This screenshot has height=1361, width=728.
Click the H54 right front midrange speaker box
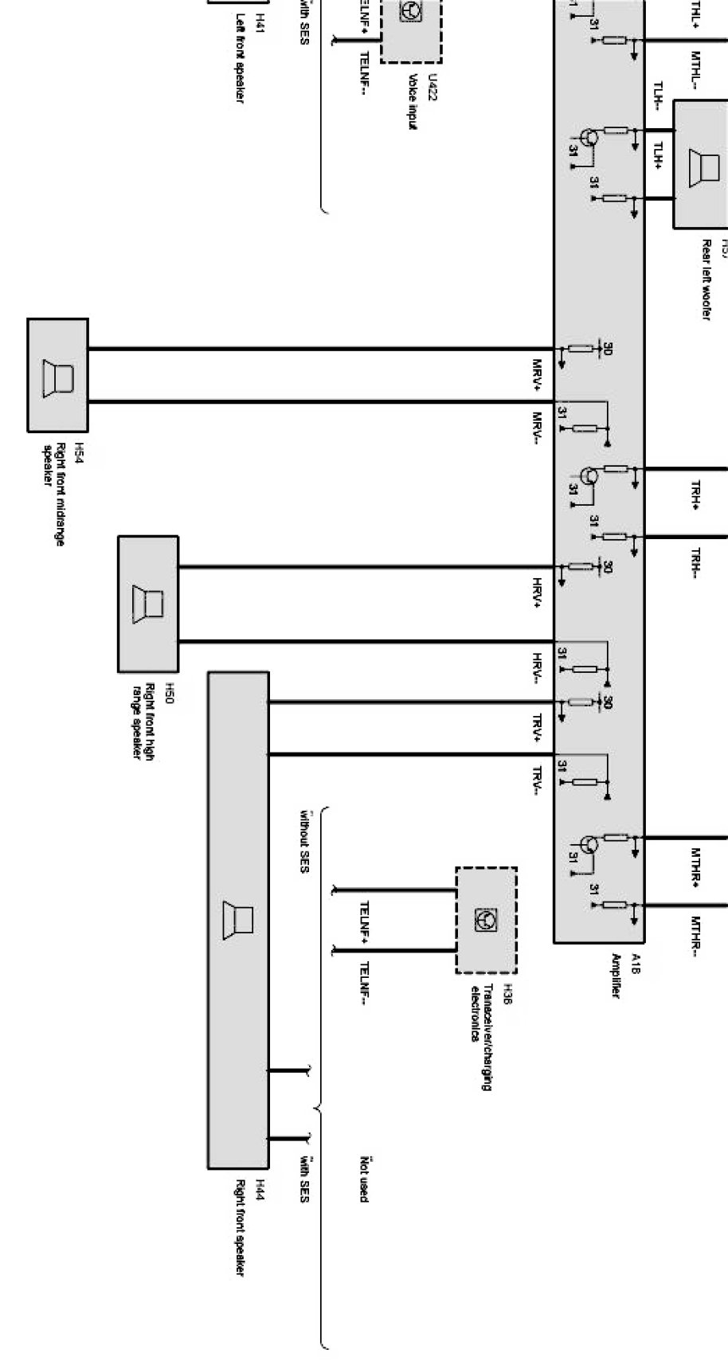pyautogui.click(x=57, y=374)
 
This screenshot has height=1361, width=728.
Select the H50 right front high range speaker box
pyautogui.click(x=148, y=604)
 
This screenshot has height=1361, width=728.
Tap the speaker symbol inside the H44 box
pyautogui.click(x=238, y=920)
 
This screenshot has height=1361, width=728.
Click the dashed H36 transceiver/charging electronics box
pyautogui.click(x=486, y=920)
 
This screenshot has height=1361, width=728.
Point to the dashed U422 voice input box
pyautogui.click(x=411, y=28)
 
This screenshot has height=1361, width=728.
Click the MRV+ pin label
pyautogui.click(x=538, y=375)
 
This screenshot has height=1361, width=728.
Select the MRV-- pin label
pyautogui.click(x=538, y=428)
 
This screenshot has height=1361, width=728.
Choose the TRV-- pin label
pyautogui.click(x=538, y=781)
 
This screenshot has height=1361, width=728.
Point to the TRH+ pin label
pyautogui.click(x=695, y=494)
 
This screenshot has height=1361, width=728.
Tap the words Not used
pyautogui.click(x=364, y=1179)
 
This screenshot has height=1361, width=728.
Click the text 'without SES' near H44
pyautogui.click(x=303, y=841)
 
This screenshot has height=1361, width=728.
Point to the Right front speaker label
pyautogui.click(x=239, y=1227)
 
